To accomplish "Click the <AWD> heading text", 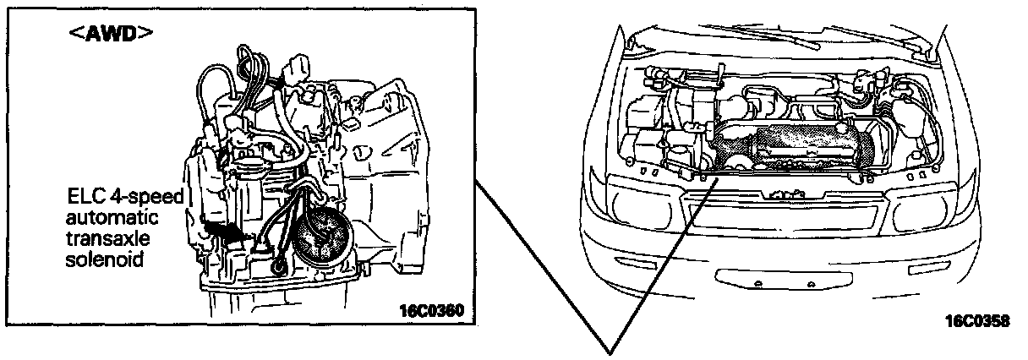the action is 113,35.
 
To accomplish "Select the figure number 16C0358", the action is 978,321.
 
